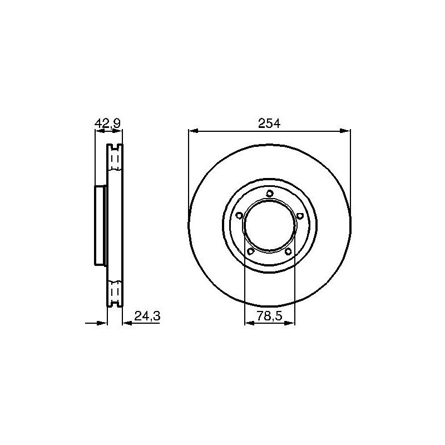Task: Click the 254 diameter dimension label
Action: point(269,123)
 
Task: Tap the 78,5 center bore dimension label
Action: point(269,315)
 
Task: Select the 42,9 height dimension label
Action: point(107,123)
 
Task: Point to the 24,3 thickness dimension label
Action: point(147,315)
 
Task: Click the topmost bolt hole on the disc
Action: point(270,194)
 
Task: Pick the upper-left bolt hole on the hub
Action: point(239,216)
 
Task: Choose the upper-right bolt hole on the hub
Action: point(300,216)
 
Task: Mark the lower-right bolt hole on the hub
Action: point(288,251)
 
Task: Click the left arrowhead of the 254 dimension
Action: point(193,131)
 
